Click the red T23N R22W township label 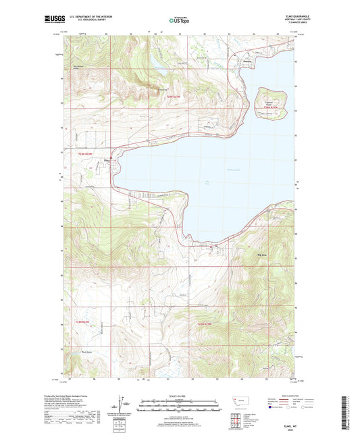[x=82, y=322]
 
